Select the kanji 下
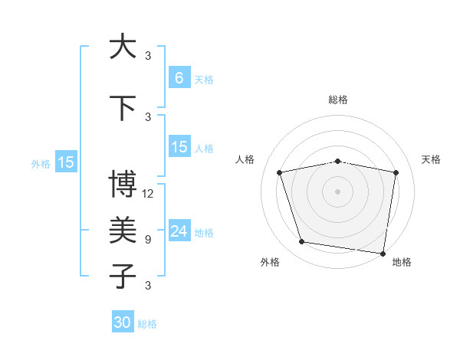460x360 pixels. (x=123, y=108)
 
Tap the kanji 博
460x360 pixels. (x=123, y=185)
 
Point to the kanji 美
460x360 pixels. (x=123, y=231)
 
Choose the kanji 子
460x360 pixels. (x=123, y=277)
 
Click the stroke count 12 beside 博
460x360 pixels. (x=148, y=194)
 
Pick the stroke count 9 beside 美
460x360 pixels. (x=148, y=240)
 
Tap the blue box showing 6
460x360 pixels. (x=179, y=77)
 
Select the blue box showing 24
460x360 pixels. (x=179, y=231)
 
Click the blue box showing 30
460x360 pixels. (x=123, y=322)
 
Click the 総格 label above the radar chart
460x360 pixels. (x=337, y=100)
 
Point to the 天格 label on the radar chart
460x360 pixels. (x=431, y=159)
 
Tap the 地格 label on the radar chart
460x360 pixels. (x=402, y=262)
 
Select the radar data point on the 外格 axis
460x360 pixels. (x=302, y=242)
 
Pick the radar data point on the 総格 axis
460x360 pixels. (x=337, y=161)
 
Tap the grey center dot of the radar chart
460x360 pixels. (x=337, y=191)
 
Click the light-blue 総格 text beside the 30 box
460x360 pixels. (x=147, y=324)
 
